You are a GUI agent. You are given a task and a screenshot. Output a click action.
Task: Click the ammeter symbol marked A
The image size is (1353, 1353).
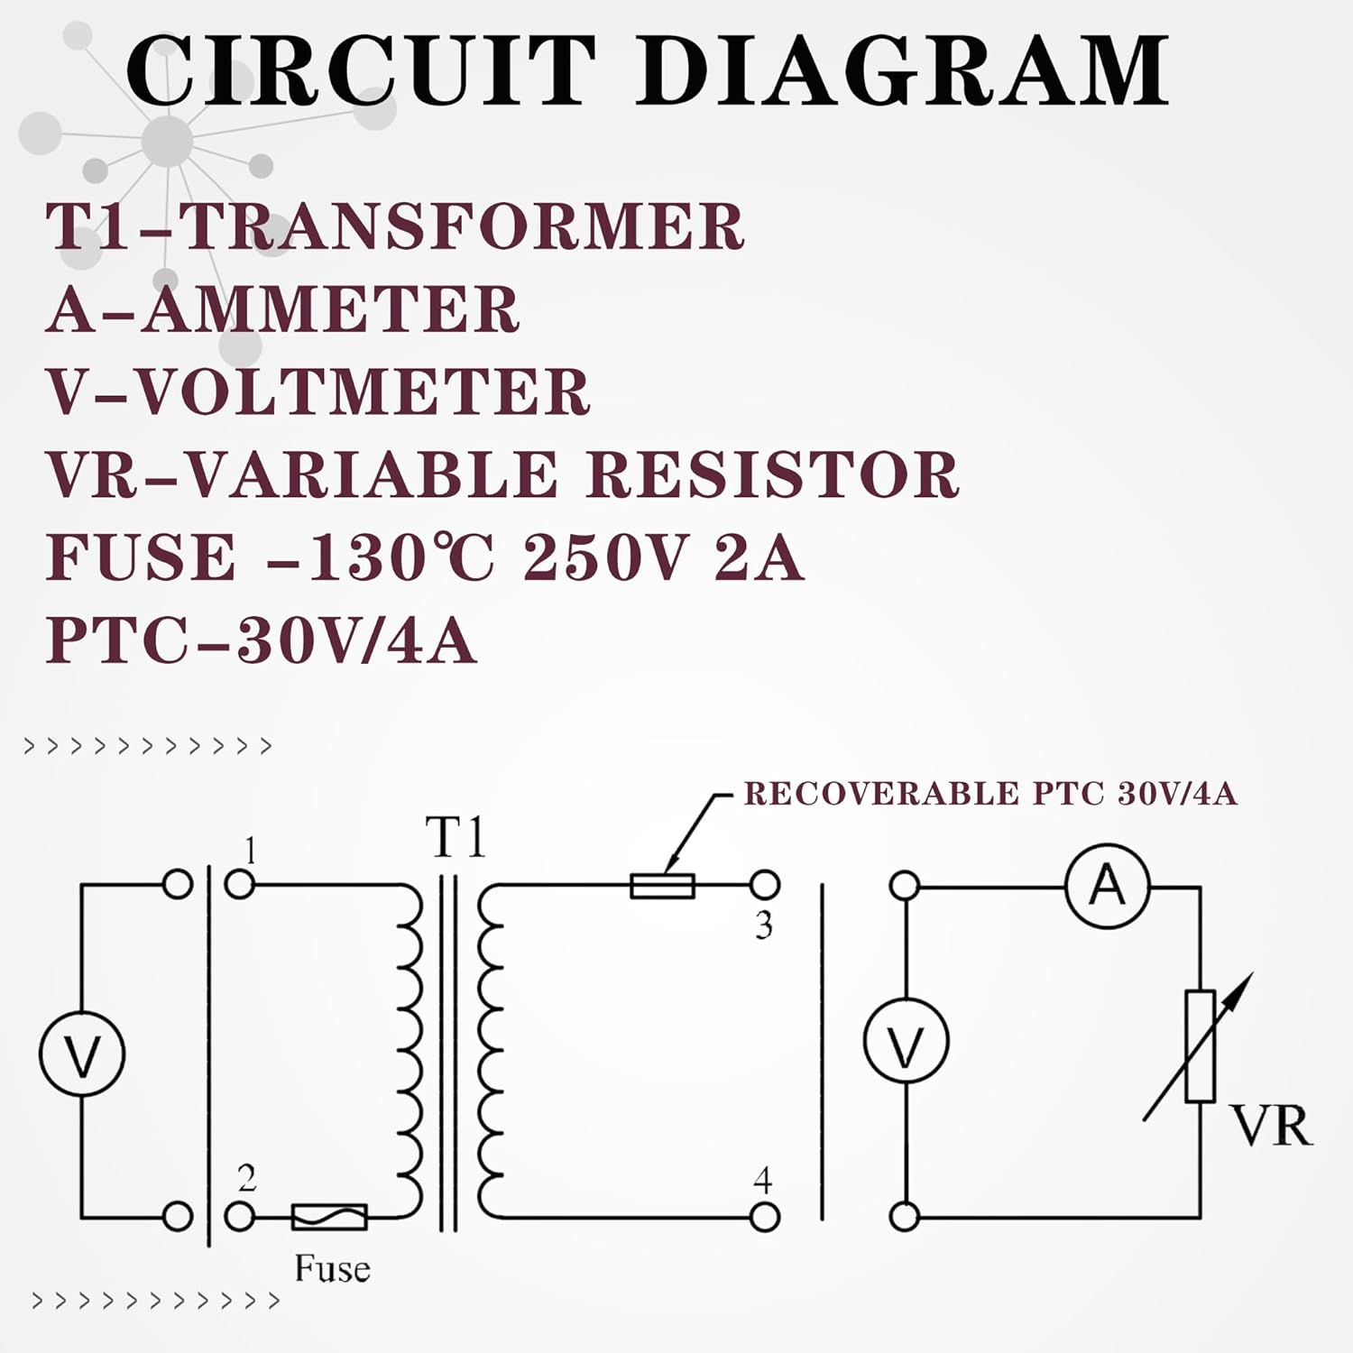[1107, 886]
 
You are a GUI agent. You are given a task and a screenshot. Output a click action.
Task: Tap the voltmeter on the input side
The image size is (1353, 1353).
[82, 1054]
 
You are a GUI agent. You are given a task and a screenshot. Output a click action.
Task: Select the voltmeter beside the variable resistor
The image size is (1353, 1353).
[906, 1041]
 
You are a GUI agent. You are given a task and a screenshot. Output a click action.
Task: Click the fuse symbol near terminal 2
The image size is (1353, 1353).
[329, 1217]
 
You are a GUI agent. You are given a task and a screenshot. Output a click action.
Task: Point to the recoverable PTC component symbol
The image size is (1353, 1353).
[662, 886]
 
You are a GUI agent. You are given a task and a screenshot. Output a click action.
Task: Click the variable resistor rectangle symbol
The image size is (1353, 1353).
[1200, 1046]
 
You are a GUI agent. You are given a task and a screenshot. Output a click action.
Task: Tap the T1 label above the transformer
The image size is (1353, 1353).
[456, 839]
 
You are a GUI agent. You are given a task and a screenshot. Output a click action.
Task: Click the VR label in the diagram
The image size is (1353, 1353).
[1271, 1127]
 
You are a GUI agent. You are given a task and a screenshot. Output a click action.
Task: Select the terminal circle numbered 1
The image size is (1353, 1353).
[239, 884]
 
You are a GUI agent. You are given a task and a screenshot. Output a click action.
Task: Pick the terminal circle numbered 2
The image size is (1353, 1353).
[239, 1217]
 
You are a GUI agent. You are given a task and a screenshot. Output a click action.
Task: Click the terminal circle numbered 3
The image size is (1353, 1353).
[764, 885]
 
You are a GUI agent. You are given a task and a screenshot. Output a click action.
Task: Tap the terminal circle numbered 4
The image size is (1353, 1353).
[764, 1217]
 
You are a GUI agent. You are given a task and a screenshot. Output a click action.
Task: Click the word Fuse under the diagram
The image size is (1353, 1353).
[332, 1269]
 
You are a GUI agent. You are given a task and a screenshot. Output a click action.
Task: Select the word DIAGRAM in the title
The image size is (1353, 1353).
[903, 70]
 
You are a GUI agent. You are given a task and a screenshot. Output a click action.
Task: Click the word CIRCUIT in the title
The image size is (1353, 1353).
[361, 70]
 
